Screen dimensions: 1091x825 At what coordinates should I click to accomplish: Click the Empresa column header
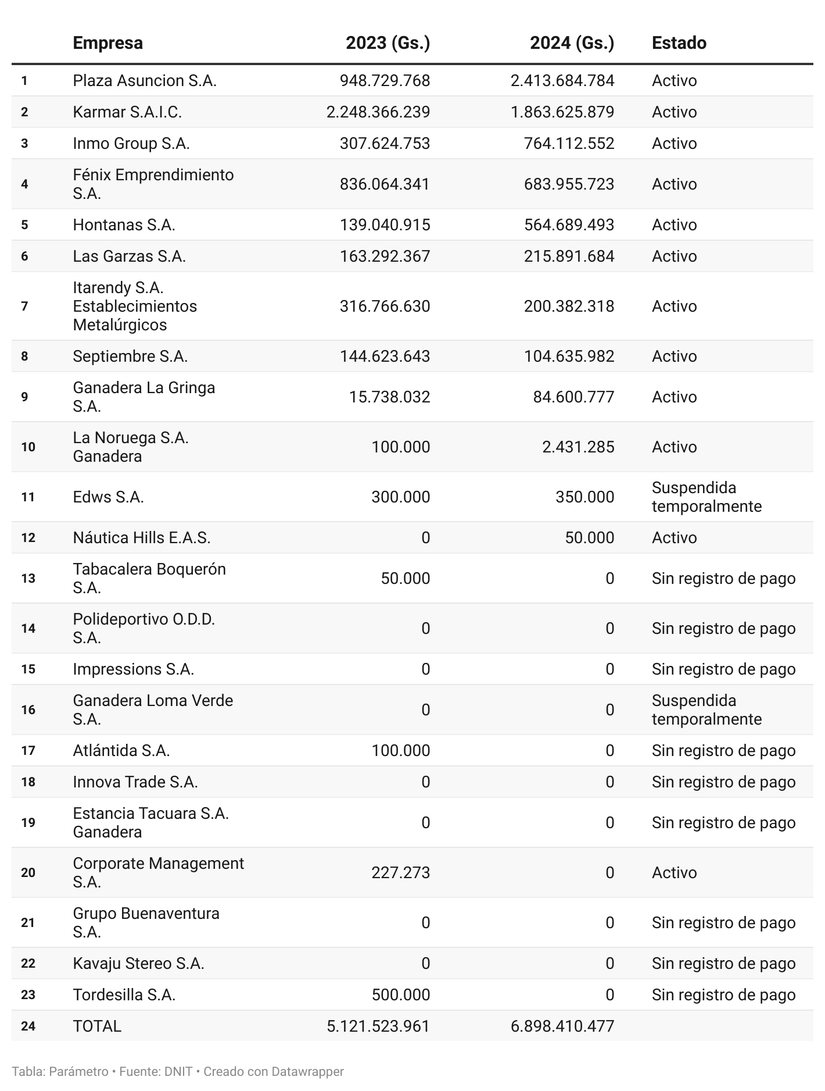[x=107, y=43]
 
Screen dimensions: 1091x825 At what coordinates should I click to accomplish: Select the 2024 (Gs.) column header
[x=572, y=43]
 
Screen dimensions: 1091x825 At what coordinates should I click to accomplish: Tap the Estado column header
[x=679, y=43]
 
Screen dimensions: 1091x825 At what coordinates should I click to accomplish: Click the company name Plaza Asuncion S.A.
[x=145, y=80]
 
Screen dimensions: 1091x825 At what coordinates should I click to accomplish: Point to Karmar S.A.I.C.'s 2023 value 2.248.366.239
[x=378, y=112]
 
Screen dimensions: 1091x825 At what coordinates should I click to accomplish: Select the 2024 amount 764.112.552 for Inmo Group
[x=569, y=143]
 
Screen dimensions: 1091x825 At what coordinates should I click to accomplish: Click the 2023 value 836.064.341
[x=385, y=184]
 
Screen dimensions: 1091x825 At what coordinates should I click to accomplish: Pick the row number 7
[x=24, y=306]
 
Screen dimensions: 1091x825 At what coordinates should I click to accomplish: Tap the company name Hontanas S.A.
[x=124, y=224]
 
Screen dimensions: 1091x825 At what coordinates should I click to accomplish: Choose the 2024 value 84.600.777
[x=573, y=397]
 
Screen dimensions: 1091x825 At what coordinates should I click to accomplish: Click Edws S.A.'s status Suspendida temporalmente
[x=706, y=497]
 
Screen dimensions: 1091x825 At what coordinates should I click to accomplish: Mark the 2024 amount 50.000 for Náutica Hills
[x=589, y=537]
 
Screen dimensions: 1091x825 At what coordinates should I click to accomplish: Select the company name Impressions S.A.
[x=133, y=669]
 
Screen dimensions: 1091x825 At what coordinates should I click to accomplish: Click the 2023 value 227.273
[x=401, y=872]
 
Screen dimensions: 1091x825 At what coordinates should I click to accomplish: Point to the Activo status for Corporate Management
[x=674, y=872]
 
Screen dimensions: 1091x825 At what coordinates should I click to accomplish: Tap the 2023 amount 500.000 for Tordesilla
[x=401, y=994]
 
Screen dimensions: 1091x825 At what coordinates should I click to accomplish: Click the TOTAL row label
[x=97, y=1026]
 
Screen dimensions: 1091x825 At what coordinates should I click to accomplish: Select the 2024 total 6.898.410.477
[x=562, y=1026]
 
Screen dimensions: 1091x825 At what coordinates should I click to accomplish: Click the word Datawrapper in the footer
[x=307, y=1071]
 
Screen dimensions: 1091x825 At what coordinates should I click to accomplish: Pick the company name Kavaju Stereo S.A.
[x=138, y=963]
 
